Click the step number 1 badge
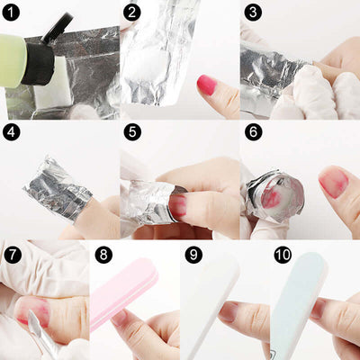click(13, 13)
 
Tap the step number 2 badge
click(132, 13)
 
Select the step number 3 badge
click(253, 13)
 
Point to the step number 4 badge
click(13, 132)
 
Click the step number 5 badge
click(132, 132)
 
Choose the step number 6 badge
click(253, 132)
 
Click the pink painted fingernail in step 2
click(208, 85)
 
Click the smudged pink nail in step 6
click(334, 182)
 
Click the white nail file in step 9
click(209, 297)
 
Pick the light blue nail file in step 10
click(295, 297)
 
